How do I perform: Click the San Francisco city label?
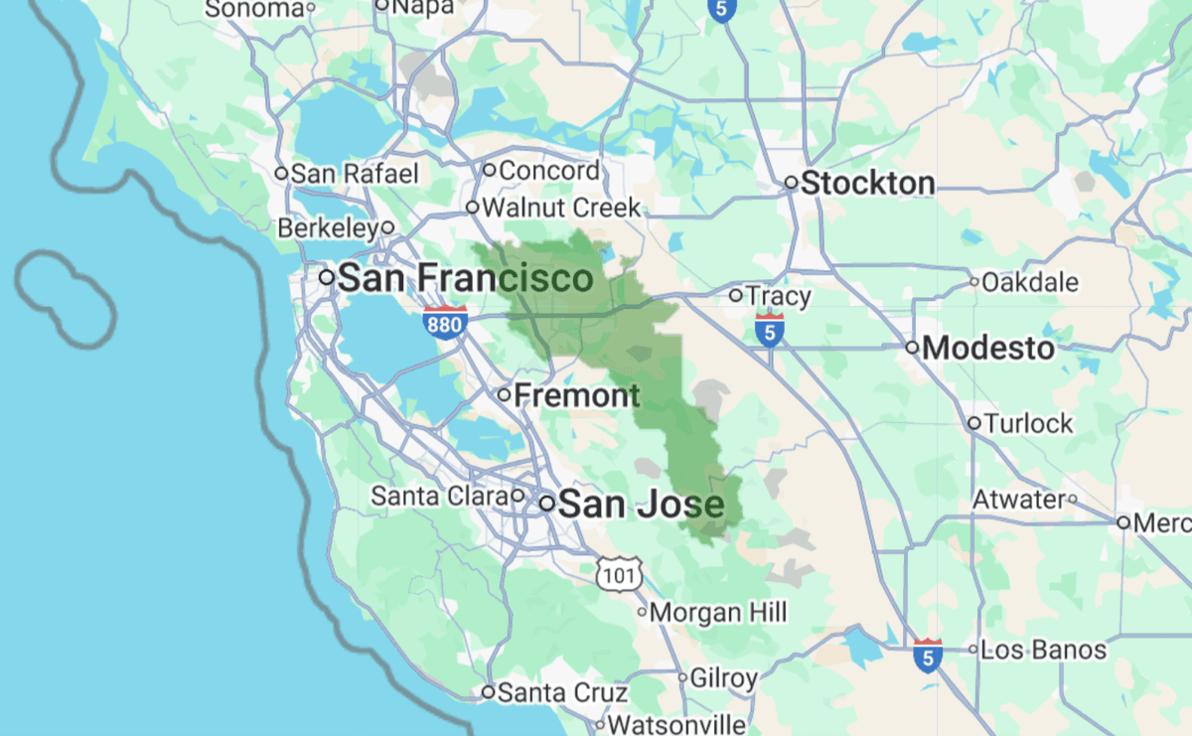click(x=466, y=278)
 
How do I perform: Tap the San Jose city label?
click(x=641, y=505)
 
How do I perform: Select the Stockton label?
click(x=867, y=184)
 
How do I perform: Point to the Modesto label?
click(x=988, y=349)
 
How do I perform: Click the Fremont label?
click(x=577, y=395)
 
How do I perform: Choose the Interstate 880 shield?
click(x=445, y=323)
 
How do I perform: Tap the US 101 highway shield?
click(x=620, y=573)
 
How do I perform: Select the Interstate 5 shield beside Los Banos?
click(x=928, y=656)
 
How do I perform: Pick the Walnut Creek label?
click(x=561, y=209)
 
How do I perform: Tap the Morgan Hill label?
click(x=718, y=612)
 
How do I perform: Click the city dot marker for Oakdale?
click(x=974, y=282)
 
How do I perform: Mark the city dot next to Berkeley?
click(x=387, y=228)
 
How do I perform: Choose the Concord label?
click(x=549, y=171)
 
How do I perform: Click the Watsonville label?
click(x=676, y=724)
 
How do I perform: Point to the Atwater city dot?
click(x=1072, y=499)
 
